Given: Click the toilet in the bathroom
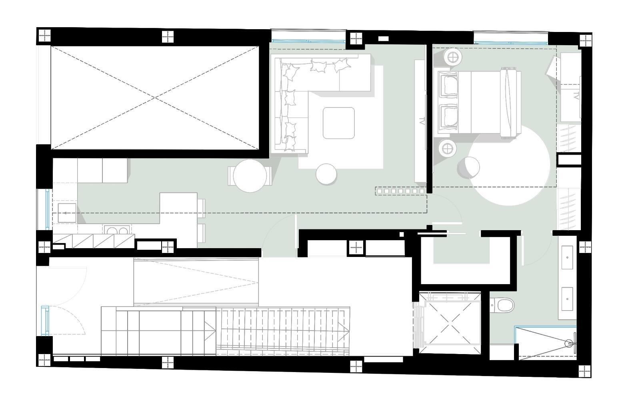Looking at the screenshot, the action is click(x=502, y=305).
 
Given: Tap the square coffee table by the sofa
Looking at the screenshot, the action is click(x=338, y=123).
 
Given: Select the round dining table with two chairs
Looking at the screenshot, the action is click(x=250, y=176).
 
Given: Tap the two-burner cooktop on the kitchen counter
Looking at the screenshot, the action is click(x=117, y=230).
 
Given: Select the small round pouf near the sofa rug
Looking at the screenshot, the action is click(x=326, y=174).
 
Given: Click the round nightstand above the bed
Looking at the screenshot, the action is click(x=453, y=58).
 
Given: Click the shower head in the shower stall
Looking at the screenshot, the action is click(x=569, y=344).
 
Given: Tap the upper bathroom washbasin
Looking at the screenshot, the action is click(x=567, y=257).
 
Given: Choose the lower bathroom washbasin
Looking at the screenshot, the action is click(x=567, y=299).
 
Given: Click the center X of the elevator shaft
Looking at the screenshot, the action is click(x=450, y=323).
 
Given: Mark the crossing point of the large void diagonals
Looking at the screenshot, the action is click(x=155, y=98).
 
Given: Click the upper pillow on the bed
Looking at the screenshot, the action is click(x=449, y=84).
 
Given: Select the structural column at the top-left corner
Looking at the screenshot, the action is click(x=44, y=36).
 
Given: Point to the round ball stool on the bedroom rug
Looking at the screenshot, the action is click(x=468, y=167).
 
